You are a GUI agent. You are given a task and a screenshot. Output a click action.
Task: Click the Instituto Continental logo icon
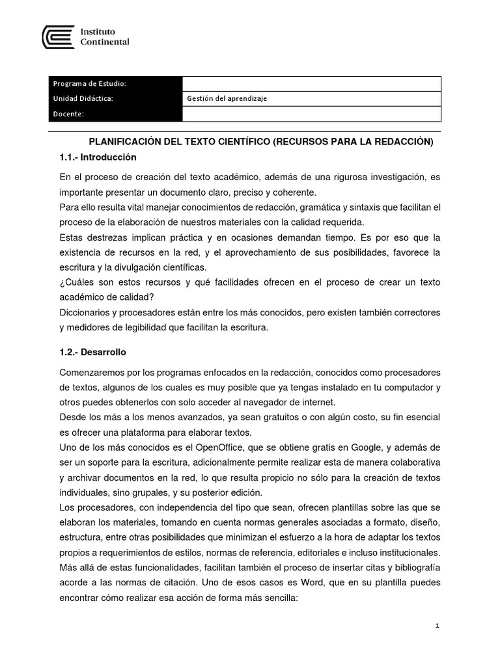point(58,36)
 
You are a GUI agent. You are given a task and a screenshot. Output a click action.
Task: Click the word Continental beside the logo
point(104,42)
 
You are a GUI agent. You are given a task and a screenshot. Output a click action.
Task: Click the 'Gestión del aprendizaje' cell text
point(227,99)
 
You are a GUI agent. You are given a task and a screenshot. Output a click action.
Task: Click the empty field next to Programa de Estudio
point(311,84)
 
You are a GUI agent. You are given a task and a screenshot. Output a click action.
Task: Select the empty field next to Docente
point(311,114)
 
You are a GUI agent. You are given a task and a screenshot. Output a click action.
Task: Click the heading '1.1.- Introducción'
point(98,157)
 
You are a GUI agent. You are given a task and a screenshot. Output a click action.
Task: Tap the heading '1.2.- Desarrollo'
point(92,352)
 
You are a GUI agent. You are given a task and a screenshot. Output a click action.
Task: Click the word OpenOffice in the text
point(197,448)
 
